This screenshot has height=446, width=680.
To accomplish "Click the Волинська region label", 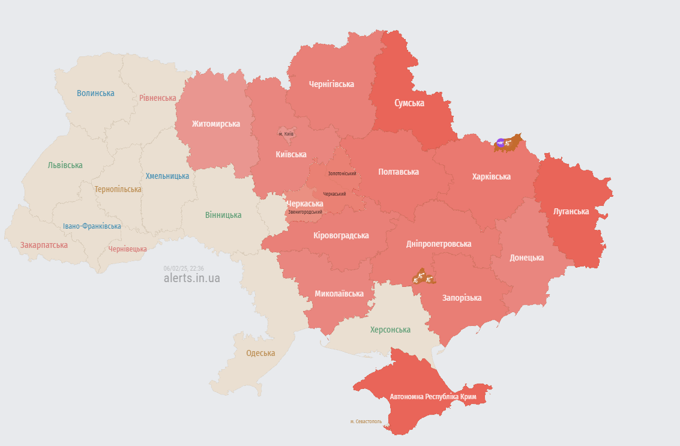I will [x=95, y=93].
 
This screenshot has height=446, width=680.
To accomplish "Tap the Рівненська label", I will [x=158, y=98].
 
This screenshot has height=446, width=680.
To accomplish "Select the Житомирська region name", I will [x=216, y=124].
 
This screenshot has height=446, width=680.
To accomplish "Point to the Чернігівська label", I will [x=331, y=84].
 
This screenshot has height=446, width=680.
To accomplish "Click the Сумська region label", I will [x=409, y=103].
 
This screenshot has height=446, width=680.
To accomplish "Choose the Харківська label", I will [x=492, y=176].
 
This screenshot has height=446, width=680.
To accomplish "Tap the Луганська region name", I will [x=571, y=211].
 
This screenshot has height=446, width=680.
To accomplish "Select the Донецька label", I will [x=527, y=258].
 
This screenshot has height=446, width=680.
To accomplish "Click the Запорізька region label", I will [x=462, y=298].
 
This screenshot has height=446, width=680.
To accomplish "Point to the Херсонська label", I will [x=390, y=330].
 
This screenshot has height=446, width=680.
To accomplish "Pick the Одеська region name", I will [x=260, y=353].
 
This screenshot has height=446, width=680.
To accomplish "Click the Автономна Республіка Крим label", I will [x=433, y=397].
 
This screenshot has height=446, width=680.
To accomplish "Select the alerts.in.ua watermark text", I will [x=192, y=279].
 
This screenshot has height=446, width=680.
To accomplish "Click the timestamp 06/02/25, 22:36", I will [x=184, y=268].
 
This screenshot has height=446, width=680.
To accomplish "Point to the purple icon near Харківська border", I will [x=500, y=143].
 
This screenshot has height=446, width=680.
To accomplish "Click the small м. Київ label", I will [x=286, y=133].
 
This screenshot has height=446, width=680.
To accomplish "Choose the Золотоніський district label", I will [x=342, y=173].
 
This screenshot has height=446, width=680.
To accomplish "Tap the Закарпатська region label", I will [x=44, y=245].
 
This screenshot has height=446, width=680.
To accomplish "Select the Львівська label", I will [x=65, y=165].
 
